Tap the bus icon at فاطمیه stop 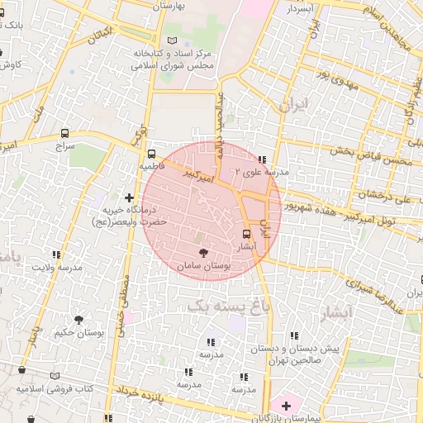click(150, 154)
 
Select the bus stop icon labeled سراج click(65, 132)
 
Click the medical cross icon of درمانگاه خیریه click(129, 197)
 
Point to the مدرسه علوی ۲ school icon click(262, 159)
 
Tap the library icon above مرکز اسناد click(172, 40)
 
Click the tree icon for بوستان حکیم click(79, 319)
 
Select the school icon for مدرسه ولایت click(56, 254)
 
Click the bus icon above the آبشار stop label click(246, 234)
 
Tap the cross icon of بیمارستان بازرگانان click(286, 406)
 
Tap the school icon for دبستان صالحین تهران click(295, 335)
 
